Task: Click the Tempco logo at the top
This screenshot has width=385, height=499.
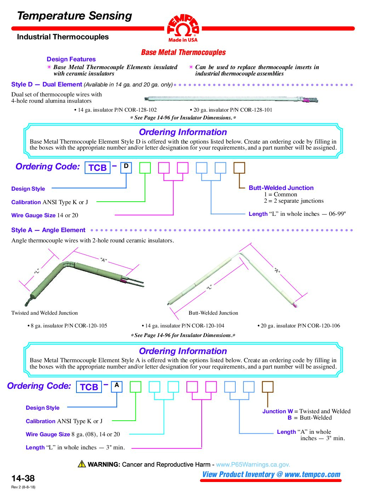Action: coord(183,28)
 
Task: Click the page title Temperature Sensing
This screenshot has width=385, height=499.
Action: coord(74,16)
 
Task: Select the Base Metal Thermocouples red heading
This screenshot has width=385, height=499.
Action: coord(183,52)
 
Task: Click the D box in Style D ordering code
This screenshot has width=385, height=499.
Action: coord(126,168)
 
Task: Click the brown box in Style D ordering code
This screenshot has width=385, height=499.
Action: coord(239,168)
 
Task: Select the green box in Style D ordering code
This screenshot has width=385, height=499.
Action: coord(145,168)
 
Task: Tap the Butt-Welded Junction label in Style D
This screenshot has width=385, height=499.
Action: coord(281,188)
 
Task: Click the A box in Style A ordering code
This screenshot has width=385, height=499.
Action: coord(117,387)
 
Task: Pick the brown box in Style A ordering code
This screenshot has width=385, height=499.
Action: coord(268,387)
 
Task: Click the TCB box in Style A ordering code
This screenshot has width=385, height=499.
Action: coord(89,387)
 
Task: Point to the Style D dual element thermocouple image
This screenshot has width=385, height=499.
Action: coord(232,99)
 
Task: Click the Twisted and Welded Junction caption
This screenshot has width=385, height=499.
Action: coord(45,313)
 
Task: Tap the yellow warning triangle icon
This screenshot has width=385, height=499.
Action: coord(82,464)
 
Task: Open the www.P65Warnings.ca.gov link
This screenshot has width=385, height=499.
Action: coord(253,464)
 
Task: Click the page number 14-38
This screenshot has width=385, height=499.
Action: coord(23,478)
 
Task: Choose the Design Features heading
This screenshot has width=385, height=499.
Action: coord(71,59)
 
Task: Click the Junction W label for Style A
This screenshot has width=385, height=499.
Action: coord(277,411)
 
